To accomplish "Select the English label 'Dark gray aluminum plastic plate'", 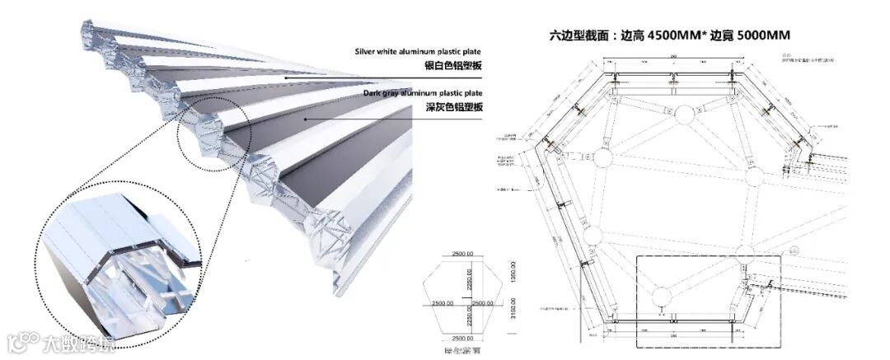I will [423, 93].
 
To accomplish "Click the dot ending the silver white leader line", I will [286, 77].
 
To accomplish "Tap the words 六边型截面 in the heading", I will [578, 35].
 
